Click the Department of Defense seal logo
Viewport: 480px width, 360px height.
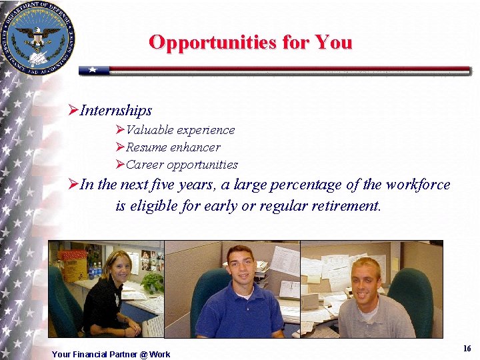tap(39, 37)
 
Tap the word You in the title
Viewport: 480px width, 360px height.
tap(333, 42)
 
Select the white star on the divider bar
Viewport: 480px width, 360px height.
tap(93, 69)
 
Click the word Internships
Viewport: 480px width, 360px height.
tap(116, 110)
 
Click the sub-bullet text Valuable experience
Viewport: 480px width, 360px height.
tap(180, 130)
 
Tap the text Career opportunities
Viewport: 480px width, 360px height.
tap(181, 165)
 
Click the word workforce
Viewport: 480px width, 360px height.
tap(417, 185)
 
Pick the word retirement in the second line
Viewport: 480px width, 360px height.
tap(342, 206)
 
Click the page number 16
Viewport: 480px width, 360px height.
tap(467, 349)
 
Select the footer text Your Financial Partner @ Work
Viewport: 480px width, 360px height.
tap(111, 354)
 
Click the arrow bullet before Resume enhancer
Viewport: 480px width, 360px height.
tap(120, 147)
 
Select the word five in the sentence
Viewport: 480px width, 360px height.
tap(163, 185)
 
